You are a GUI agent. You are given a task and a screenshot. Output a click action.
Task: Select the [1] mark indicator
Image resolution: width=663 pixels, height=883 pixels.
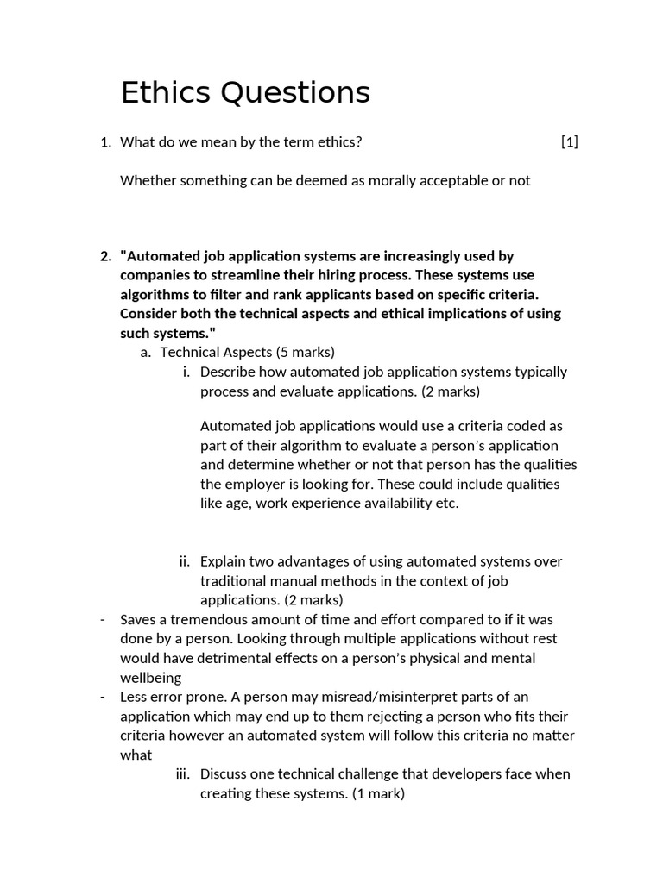(569, 142)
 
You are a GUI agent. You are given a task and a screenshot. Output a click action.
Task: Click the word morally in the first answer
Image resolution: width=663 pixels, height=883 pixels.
(394, 180)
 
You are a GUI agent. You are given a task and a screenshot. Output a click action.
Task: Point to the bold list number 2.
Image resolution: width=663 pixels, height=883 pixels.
(105, 256)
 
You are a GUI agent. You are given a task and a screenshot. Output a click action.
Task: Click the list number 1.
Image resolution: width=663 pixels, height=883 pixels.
(105, 142)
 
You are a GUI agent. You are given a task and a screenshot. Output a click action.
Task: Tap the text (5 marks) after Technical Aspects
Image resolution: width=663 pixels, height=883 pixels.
(305, 352)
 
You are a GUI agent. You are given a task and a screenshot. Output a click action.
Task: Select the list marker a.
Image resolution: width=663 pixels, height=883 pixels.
(145, 352)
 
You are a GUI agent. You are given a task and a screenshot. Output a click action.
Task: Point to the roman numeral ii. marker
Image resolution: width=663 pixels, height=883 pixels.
(184, 561)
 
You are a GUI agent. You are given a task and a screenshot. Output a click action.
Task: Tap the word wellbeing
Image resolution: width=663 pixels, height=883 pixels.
(150, 678)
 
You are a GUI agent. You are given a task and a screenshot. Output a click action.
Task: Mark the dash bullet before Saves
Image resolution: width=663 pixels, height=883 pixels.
(103, 619)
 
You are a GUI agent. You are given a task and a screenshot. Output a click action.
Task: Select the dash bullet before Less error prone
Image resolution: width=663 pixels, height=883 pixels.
(103, 697)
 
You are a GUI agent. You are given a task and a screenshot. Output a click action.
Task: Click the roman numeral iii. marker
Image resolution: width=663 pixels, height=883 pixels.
(182, 774)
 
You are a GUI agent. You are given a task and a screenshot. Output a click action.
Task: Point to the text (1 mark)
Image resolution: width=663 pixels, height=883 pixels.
(376, 793)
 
